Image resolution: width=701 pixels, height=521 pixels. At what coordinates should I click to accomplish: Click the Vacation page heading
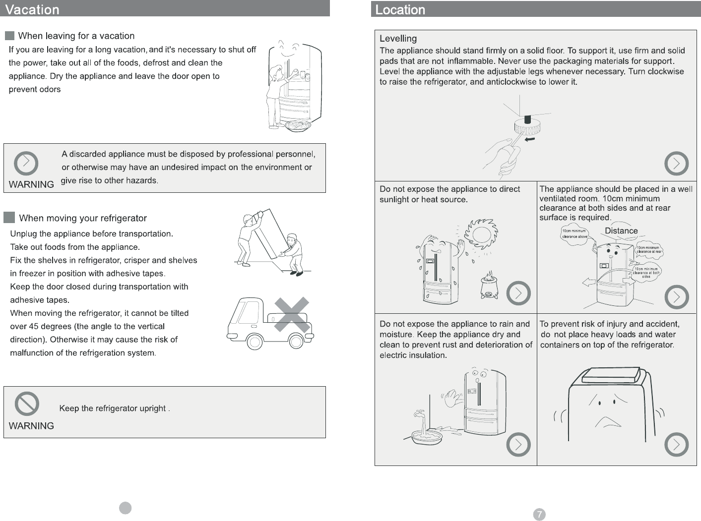[x=32, y=9]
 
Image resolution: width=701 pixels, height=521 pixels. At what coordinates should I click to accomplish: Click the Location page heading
[x=400, y=9]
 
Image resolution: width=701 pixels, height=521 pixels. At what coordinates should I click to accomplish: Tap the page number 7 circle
[x=539, y=515]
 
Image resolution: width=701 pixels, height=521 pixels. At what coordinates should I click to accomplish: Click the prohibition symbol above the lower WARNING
[x=27, y=404]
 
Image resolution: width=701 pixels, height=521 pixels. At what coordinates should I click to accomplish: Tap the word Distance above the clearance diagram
[x=621, y=231]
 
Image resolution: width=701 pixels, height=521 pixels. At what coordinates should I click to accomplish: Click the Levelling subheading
[x=398, y=39]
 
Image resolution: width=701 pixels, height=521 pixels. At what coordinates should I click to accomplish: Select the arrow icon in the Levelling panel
[x=676, y=164]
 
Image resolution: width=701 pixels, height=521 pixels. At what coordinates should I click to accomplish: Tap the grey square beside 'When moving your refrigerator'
[x=9, y=218]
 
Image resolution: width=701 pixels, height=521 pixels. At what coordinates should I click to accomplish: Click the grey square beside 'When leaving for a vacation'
[x=9, y=36]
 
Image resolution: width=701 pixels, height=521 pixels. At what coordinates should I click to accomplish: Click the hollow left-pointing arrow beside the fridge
[x=589, y=283]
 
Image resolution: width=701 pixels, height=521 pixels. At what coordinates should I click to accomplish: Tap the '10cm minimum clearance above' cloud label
[x=574, y=233]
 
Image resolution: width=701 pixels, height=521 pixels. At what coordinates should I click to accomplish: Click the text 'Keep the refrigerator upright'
[x=113, y=408]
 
